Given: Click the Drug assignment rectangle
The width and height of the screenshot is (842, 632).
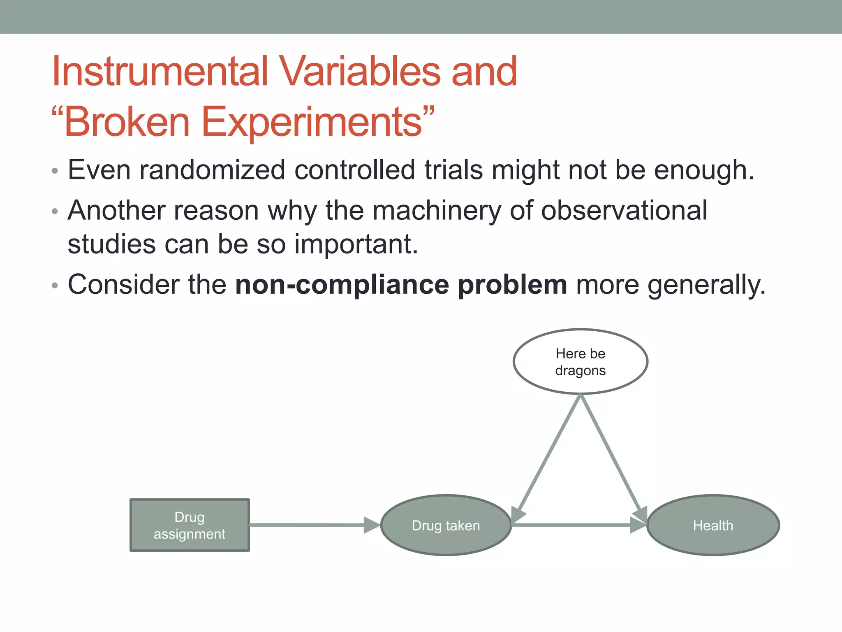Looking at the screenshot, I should pyautogui.click(x=190, y=525).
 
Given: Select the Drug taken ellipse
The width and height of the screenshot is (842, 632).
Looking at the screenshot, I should pyautogui.click(x=446, y=525).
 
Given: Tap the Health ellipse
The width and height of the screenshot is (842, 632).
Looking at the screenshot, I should pyautogui.click(x=713, y=525).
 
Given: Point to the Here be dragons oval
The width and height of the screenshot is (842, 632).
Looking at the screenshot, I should pyautogui.click(x=580, y=362).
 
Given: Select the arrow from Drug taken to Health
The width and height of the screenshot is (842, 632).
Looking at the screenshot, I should pyautogui.click(x=576, y=525).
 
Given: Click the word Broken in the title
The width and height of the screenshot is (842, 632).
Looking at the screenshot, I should pyautogui.click(x=127, y=122).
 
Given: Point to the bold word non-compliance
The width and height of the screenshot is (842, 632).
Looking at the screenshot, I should pyautogui.click(x=342, y=285).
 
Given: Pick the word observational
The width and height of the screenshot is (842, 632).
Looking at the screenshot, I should pyautogui.click(x=624, y=210).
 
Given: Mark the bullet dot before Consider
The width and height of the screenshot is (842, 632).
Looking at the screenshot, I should pyautogui.click(x=55, y=286).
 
